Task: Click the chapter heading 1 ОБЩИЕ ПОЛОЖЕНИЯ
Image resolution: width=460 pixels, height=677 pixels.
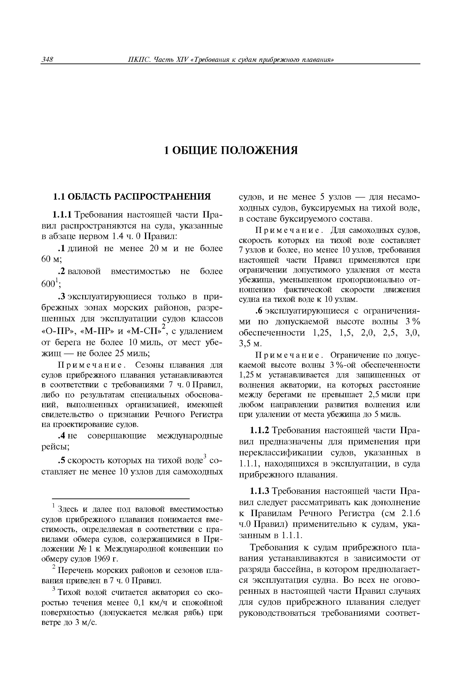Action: click(231, 150)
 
